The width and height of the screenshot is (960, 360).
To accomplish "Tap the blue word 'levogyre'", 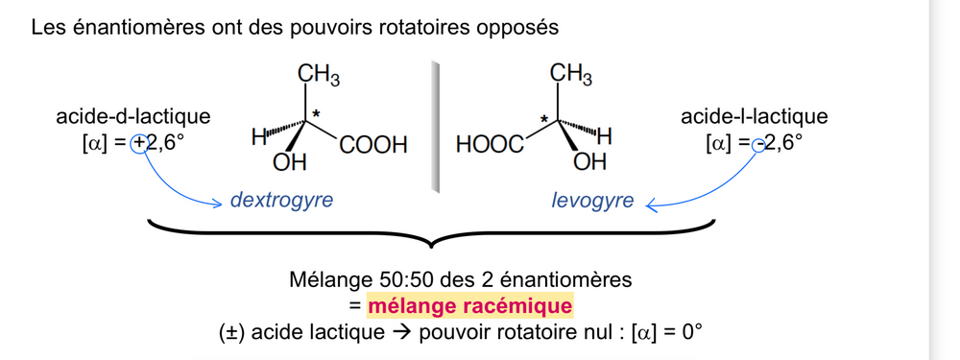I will coord(592,201).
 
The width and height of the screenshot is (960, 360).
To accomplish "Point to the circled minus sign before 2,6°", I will coord(758,144).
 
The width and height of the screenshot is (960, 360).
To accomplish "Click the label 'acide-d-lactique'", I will coord(132,117).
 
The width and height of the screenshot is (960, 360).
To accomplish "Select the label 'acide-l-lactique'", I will coord(754,117).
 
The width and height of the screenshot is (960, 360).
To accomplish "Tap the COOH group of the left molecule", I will coord(372,145).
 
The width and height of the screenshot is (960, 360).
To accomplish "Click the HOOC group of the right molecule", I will coord(491,145).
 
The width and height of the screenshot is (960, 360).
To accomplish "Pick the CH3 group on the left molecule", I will coord(318,74).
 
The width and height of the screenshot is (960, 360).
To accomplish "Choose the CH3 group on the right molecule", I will coord(570,74).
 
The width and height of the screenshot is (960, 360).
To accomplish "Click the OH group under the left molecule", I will coord(289,163).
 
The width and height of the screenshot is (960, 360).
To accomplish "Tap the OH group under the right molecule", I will coord(589,163).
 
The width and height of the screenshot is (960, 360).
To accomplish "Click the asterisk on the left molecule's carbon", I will coord(317,114).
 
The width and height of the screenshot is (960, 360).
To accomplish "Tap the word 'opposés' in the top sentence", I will coord(521,27).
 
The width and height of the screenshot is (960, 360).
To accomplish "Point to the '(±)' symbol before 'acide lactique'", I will coord(231,333).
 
